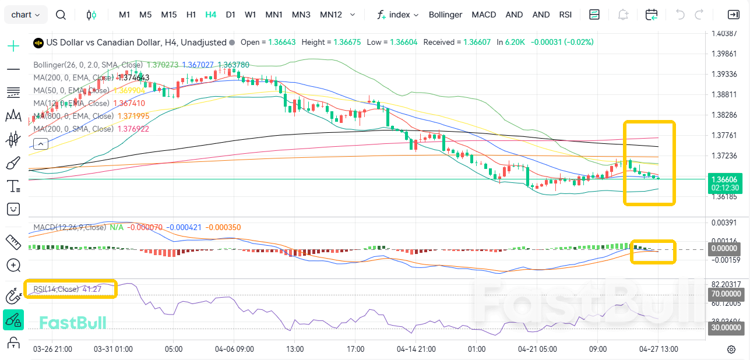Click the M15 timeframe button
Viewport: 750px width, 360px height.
(x=168, y=15)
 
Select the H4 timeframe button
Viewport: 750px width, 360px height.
(x=210, y=15)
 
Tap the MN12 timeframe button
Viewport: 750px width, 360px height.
(x=331, y=15)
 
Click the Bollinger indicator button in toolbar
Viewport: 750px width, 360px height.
(x=445, y=15)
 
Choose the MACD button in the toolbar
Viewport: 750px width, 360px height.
(x=484, y=15)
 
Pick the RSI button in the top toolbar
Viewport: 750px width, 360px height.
(x=565, y=15)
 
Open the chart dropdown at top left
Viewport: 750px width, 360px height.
(x=26, y=15)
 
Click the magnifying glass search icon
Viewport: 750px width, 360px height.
(x=61, y=15)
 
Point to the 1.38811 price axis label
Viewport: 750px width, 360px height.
(x=724, y=94)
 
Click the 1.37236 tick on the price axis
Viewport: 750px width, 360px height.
(x=724, y=156)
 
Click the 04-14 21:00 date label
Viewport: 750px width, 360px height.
(x=416, y=350)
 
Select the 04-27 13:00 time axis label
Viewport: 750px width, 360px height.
(x=658, y=350)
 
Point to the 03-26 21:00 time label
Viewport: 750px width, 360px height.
(x=52, y=350)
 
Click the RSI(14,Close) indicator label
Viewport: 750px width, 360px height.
(x=56, y=289)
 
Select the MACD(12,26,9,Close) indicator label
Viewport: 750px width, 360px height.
(x=70, y=227)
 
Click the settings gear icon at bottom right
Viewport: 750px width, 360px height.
(x=731, y=350)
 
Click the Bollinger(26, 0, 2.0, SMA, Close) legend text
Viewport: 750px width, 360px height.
(x=87, y=65)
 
